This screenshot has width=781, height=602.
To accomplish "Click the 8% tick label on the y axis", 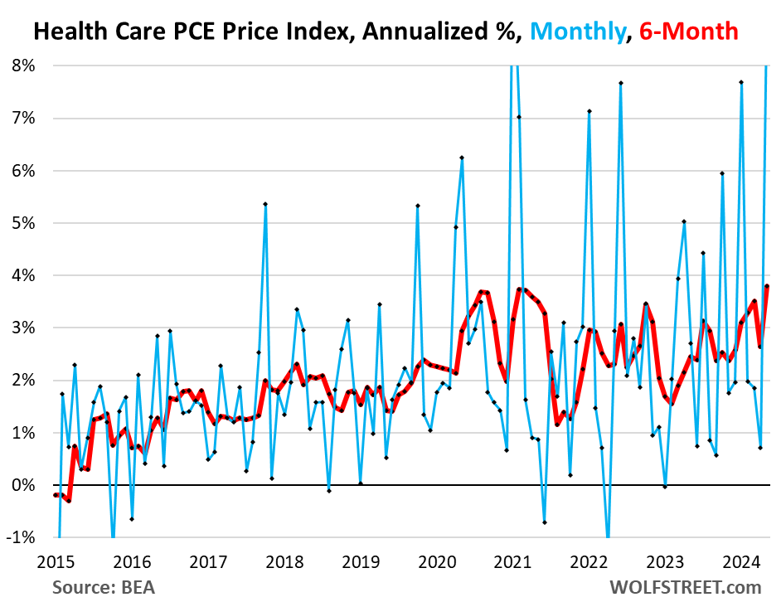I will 23,65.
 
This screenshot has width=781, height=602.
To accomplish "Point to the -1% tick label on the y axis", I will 20,537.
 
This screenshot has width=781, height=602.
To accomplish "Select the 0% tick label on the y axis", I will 23,485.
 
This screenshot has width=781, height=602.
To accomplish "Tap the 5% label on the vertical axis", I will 23,222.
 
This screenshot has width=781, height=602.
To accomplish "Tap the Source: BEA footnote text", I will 103,587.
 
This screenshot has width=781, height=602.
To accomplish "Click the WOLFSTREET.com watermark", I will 685,587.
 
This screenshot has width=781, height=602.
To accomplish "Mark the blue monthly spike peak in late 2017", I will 265,204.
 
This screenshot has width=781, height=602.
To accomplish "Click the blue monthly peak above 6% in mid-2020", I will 462,158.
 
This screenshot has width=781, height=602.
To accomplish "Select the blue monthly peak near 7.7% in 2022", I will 620,83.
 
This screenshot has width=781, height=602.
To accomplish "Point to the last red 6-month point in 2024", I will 767,286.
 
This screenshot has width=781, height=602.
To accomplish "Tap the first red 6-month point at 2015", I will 56,495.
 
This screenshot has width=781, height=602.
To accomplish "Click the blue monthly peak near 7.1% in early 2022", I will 589,111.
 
